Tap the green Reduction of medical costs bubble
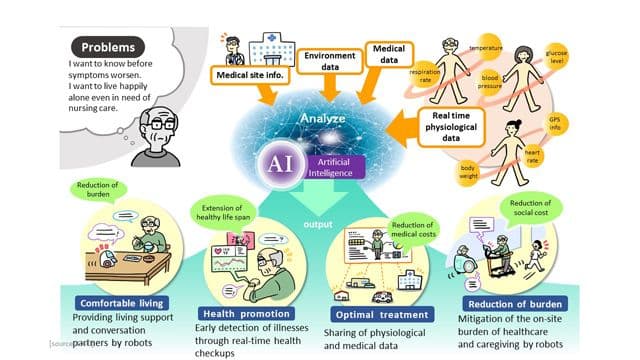[x=413, y=230]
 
